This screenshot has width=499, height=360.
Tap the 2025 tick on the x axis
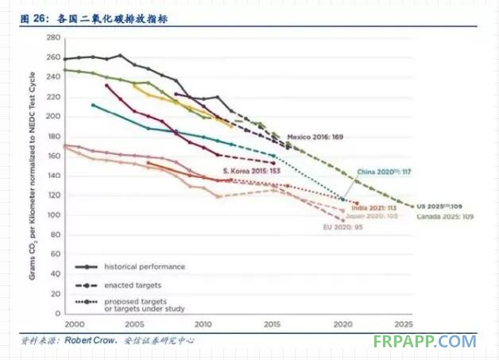[404, 325]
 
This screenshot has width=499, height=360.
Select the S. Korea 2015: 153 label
[249, 172]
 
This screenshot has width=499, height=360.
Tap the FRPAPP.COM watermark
[424, 341]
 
